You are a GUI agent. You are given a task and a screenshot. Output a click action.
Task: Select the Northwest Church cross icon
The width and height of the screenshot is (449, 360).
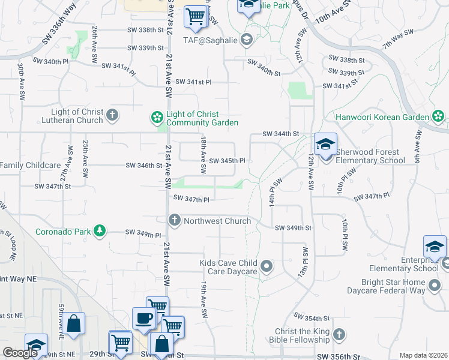click(175, 220)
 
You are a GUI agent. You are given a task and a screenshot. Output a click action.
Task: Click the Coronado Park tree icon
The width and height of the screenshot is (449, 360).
click(100, 230)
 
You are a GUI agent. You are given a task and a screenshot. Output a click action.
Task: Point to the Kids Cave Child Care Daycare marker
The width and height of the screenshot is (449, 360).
click(267, 265)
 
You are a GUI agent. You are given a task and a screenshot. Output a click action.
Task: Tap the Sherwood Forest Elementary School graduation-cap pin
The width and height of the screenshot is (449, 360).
click(325, 146)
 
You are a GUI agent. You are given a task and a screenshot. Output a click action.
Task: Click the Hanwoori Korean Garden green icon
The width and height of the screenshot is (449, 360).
click(438, 116)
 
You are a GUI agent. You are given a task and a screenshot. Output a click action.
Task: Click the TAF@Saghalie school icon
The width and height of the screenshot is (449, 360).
click(246, 40)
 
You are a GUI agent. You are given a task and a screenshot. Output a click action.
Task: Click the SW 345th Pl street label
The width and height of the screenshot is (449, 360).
click(228, 161)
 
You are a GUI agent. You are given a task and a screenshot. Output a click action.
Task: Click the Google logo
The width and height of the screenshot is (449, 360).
click(20, 353)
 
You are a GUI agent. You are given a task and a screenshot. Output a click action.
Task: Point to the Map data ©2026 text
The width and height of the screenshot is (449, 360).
click(423, 355)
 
